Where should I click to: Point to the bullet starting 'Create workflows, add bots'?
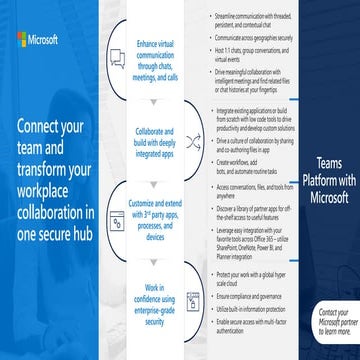pyautogui.click(x=250, y=165)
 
